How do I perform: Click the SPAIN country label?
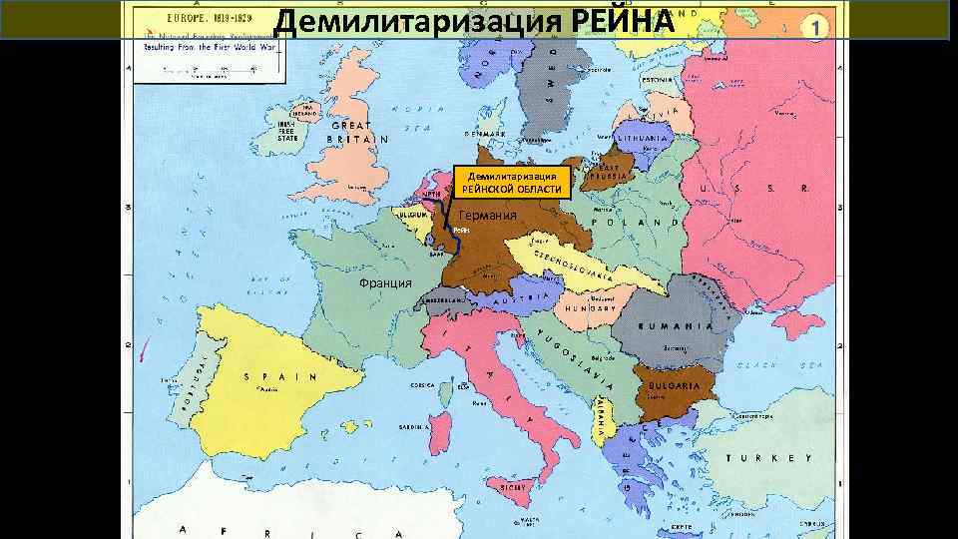point(279,377)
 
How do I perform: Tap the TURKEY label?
point(768,457)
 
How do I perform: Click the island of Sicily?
point(516,486)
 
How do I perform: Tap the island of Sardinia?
point(437,429)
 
